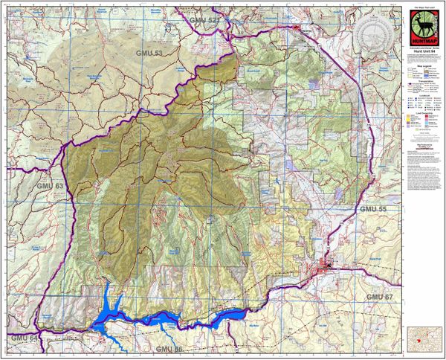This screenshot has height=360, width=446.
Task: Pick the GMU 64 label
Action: (24, 338)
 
